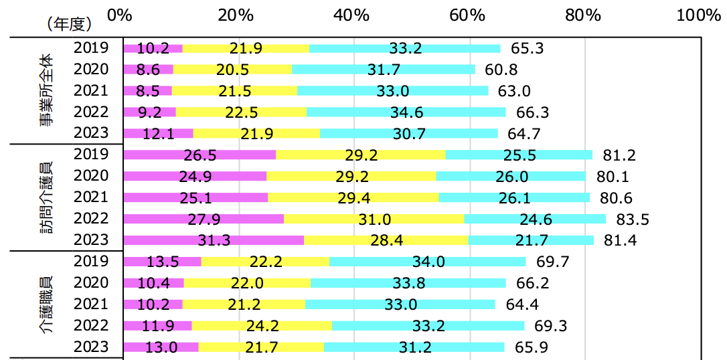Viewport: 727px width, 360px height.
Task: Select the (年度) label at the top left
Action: click(69, 24)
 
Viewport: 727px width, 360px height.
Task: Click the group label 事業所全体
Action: click(48, 90)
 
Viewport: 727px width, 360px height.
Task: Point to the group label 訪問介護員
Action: click(48, 197)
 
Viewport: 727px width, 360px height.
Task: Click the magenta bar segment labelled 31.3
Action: click(214, 240)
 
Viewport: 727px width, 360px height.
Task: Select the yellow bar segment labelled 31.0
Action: click(374, 219)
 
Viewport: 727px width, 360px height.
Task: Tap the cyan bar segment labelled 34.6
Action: click(406, 112)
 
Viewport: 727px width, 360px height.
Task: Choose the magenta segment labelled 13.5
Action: click(163, 262)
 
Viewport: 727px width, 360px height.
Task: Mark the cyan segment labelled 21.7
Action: click(531, 240)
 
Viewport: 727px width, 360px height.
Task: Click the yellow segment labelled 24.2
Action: click(262, 326)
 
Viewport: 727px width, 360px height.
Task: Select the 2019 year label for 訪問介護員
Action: click(90, 155)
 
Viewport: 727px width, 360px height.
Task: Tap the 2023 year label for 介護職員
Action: click(90, 347)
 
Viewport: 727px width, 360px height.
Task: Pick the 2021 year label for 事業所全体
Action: click(90, 90)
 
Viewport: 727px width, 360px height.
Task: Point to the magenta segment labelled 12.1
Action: click(159, 133)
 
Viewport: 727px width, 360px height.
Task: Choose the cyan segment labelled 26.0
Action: click(511, 176)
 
